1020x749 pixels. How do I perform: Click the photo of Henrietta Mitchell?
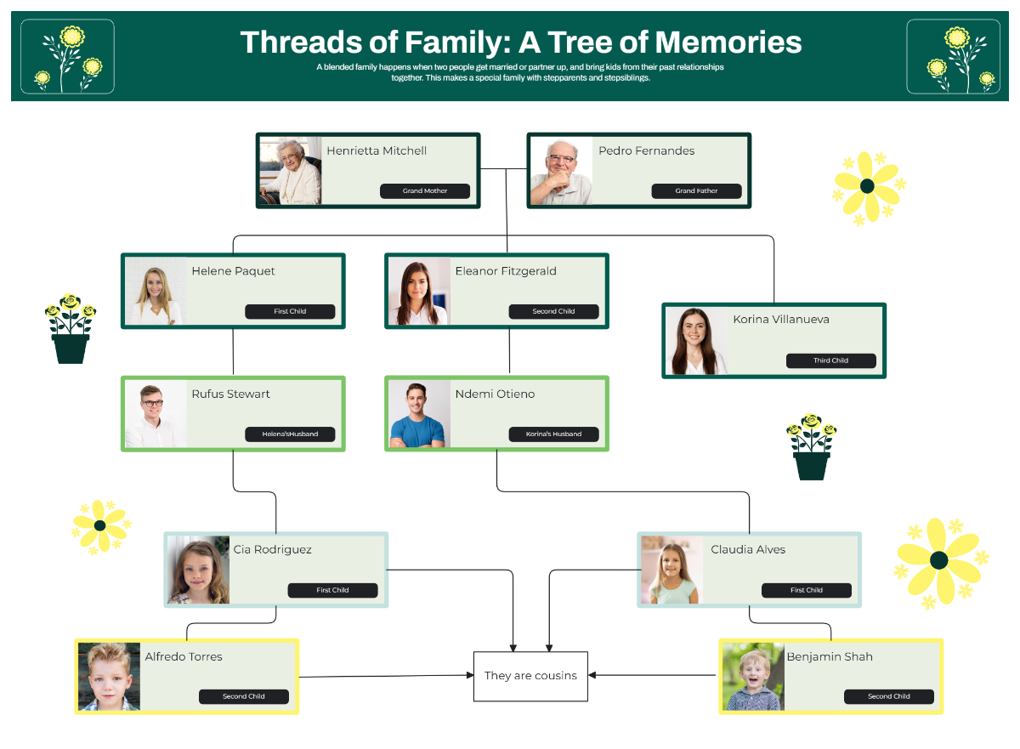[291, 171]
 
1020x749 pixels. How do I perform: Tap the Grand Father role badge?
[696, 191]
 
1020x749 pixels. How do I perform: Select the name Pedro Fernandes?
[646, 151]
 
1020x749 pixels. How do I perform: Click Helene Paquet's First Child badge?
[290, 312]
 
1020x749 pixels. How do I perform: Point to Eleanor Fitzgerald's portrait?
[418, 292]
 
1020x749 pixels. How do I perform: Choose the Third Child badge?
[830, 360]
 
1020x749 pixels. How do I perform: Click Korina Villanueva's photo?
[696, 341]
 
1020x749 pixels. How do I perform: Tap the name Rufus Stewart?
[230, 394]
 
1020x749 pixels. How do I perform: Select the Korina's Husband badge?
[553, 434]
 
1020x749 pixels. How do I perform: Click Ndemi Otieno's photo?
[418, 414]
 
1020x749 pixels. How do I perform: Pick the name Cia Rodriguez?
[272, 550]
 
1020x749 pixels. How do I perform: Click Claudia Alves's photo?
[672, 570]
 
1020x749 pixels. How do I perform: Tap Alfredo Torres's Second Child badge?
[244, 697]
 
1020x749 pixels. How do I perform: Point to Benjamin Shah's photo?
[752, 677]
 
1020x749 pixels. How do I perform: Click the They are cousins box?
[530, 676]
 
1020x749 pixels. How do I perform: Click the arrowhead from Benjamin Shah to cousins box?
[592, 675]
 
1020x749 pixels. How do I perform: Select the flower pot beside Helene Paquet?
[71, 330]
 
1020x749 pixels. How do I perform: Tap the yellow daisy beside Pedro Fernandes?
[867, 187]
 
